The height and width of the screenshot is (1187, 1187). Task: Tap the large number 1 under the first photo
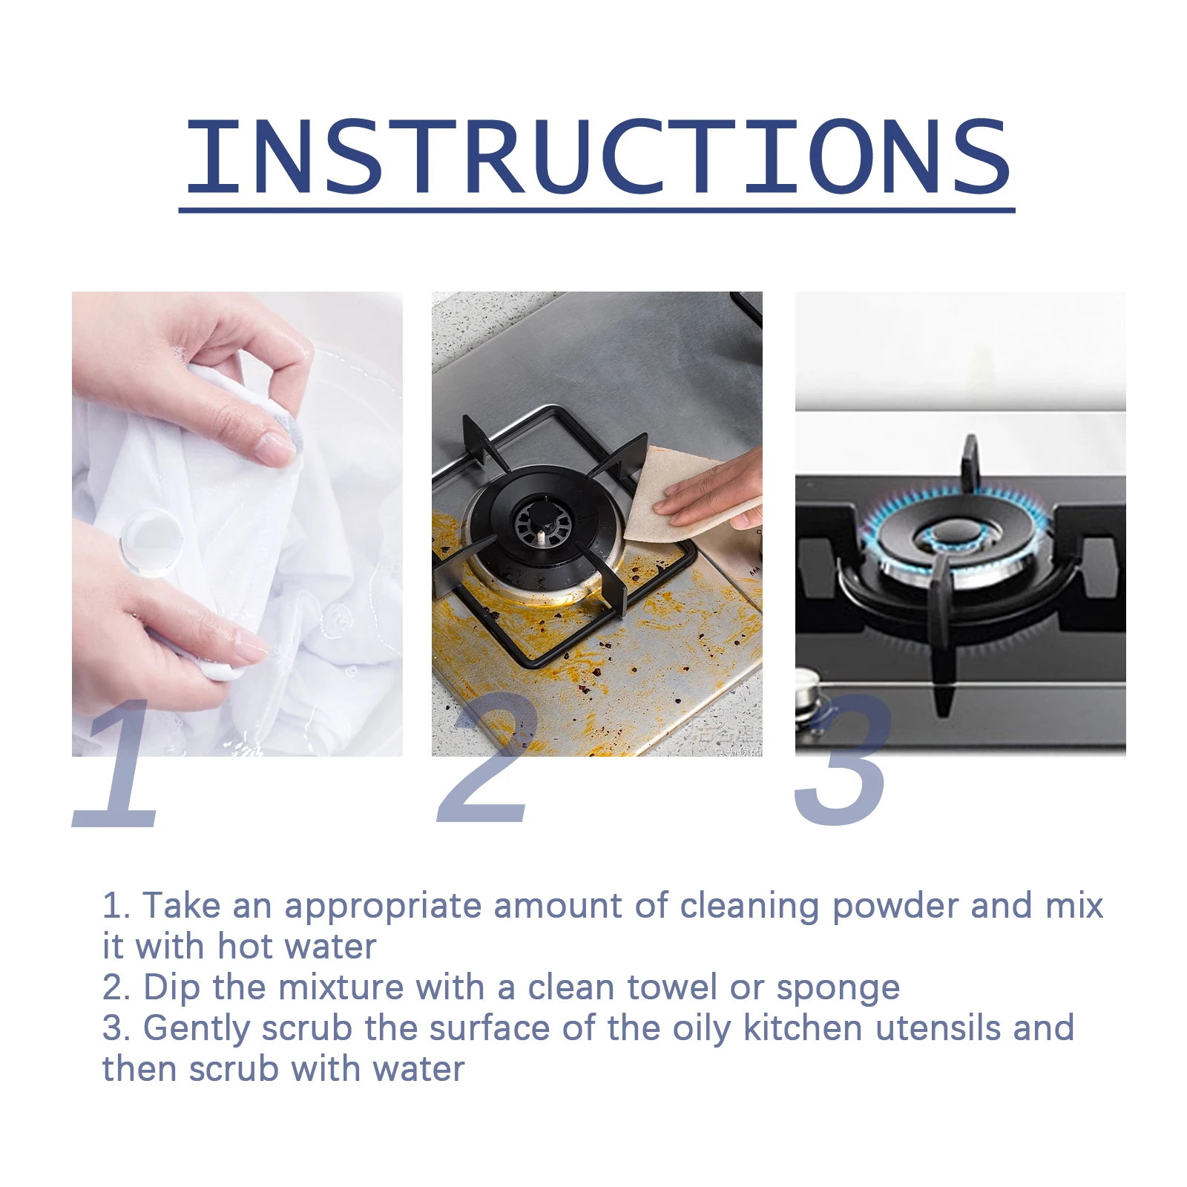pos(119,764)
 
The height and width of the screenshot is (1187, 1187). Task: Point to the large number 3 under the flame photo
pos(842,760)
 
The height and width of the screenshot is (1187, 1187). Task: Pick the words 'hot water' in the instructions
pos(297,947)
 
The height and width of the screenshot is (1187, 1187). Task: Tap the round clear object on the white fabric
pos(151,542)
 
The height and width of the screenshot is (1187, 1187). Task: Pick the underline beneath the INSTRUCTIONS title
pos(597,211)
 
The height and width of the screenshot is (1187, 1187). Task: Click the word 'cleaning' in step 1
pos(749,907)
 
